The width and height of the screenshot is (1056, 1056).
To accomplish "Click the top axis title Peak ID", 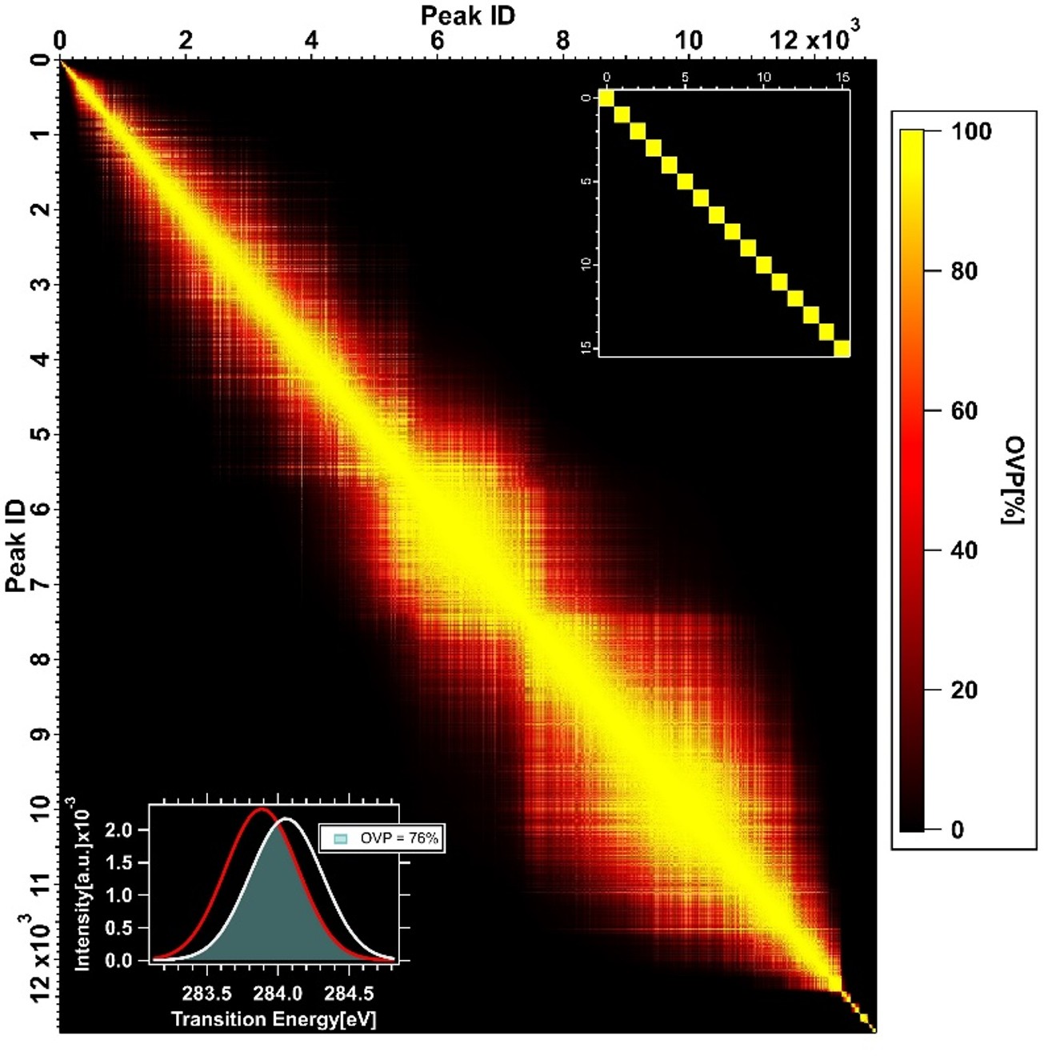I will [x=468, y=14].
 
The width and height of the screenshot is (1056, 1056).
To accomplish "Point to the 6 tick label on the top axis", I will [x=437, y=40].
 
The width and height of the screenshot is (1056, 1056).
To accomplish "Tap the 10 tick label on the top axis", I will [x=688, y=40].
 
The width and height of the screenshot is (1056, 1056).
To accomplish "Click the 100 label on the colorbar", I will [x=970, y=131].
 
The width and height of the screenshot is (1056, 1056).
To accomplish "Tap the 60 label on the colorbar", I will [x=964, y=410].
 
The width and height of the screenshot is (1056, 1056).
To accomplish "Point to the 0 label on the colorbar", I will [x=958, y=830].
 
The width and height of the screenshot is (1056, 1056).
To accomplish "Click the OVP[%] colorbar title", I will [x=1014, y=480].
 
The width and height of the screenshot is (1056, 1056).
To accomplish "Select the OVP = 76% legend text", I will [x=398, y=838].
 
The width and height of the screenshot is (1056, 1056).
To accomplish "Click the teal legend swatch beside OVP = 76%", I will [x=341, y=838].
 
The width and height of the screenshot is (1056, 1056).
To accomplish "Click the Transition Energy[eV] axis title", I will [x=274, y=1019].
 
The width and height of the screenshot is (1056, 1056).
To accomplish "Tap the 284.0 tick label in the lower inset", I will [x=278, y=994].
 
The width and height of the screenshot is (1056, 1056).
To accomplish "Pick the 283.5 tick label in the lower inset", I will [x=207, y=994].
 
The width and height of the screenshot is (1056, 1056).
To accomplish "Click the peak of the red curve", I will [x=261, y=810].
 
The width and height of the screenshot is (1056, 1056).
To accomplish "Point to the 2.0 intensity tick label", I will [x=118, y=830].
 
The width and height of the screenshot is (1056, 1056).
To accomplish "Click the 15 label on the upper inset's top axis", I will [x=842, y=78].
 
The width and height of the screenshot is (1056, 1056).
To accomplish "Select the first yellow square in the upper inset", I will [x=606, y=98].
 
